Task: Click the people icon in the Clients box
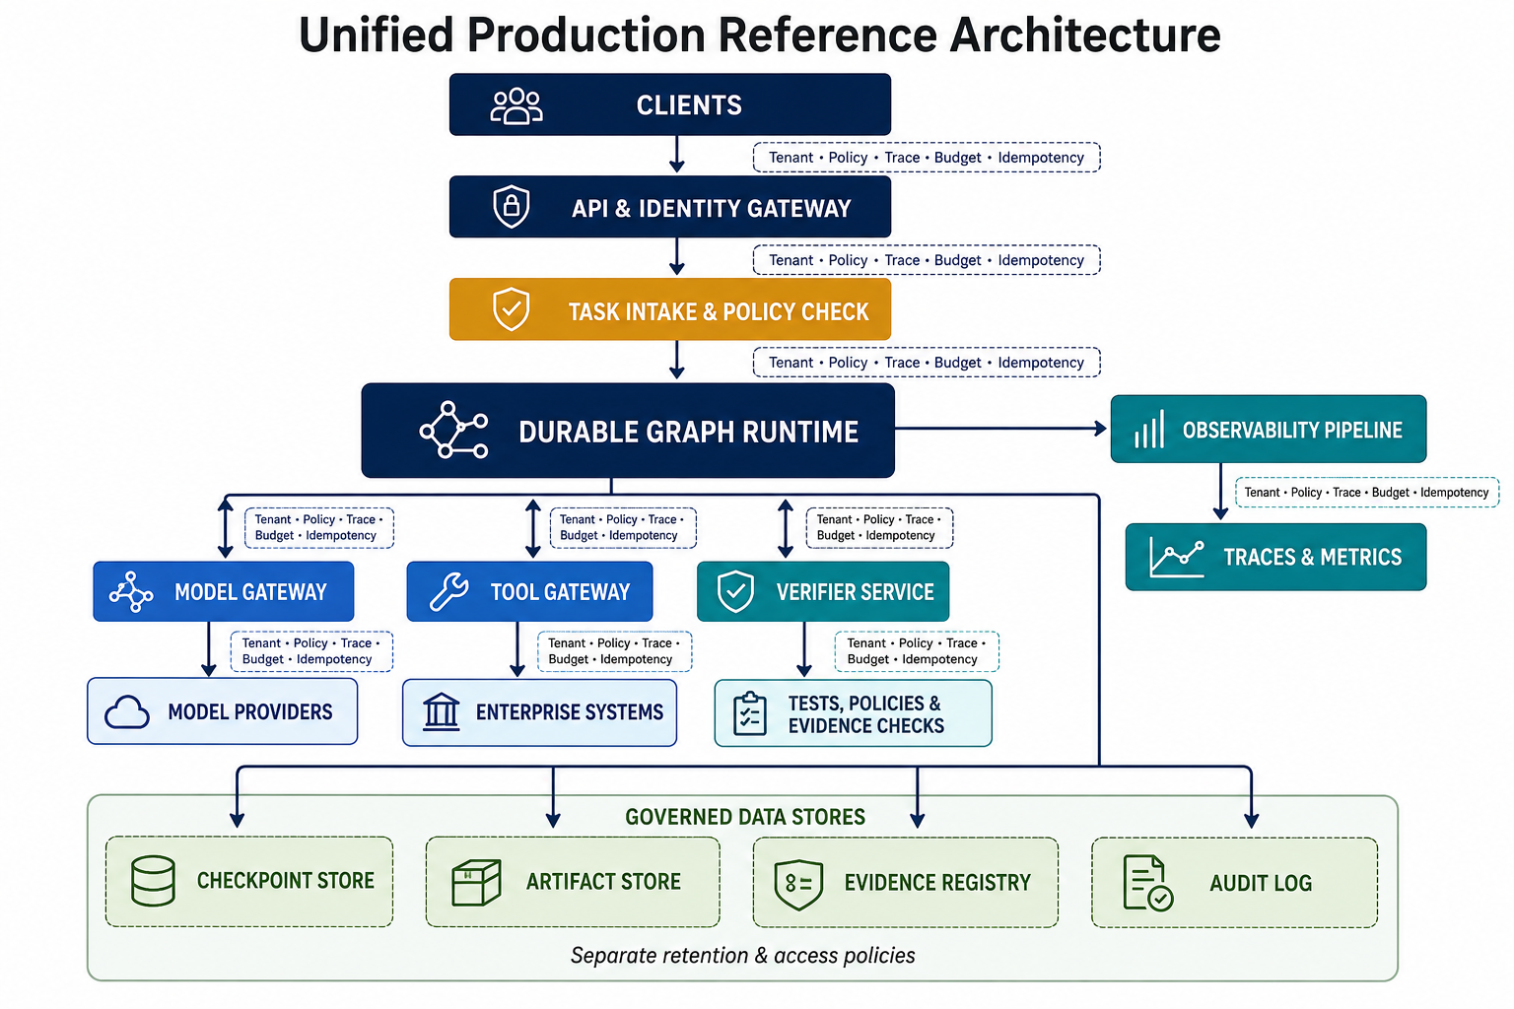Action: (516, 106)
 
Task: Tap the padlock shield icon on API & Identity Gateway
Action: (511, 206)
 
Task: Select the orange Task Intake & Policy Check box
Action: (670, 309)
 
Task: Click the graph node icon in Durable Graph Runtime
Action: (453, 431)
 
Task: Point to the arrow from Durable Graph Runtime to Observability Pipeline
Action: (1000, 428)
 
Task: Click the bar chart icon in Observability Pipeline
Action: (1149, 430)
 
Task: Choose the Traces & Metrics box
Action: (1275, 557)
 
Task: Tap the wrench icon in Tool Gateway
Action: (448, 591)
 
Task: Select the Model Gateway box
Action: (224, 591)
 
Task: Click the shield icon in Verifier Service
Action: (735, 591)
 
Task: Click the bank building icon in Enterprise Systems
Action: (442, 712)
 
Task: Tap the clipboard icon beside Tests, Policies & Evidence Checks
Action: (749, 713)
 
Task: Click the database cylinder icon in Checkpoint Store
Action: (153, 881)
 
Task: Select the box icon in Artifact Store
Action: (476, 882)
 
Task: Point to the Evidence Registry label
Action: (937, 883)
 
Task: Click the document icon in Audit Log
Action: (1147, 883)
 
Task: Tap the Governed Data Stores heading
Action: (745, 817)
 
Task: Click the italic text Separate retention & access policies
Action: (743, 956)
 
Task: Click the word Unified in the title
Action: (376, 34)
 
